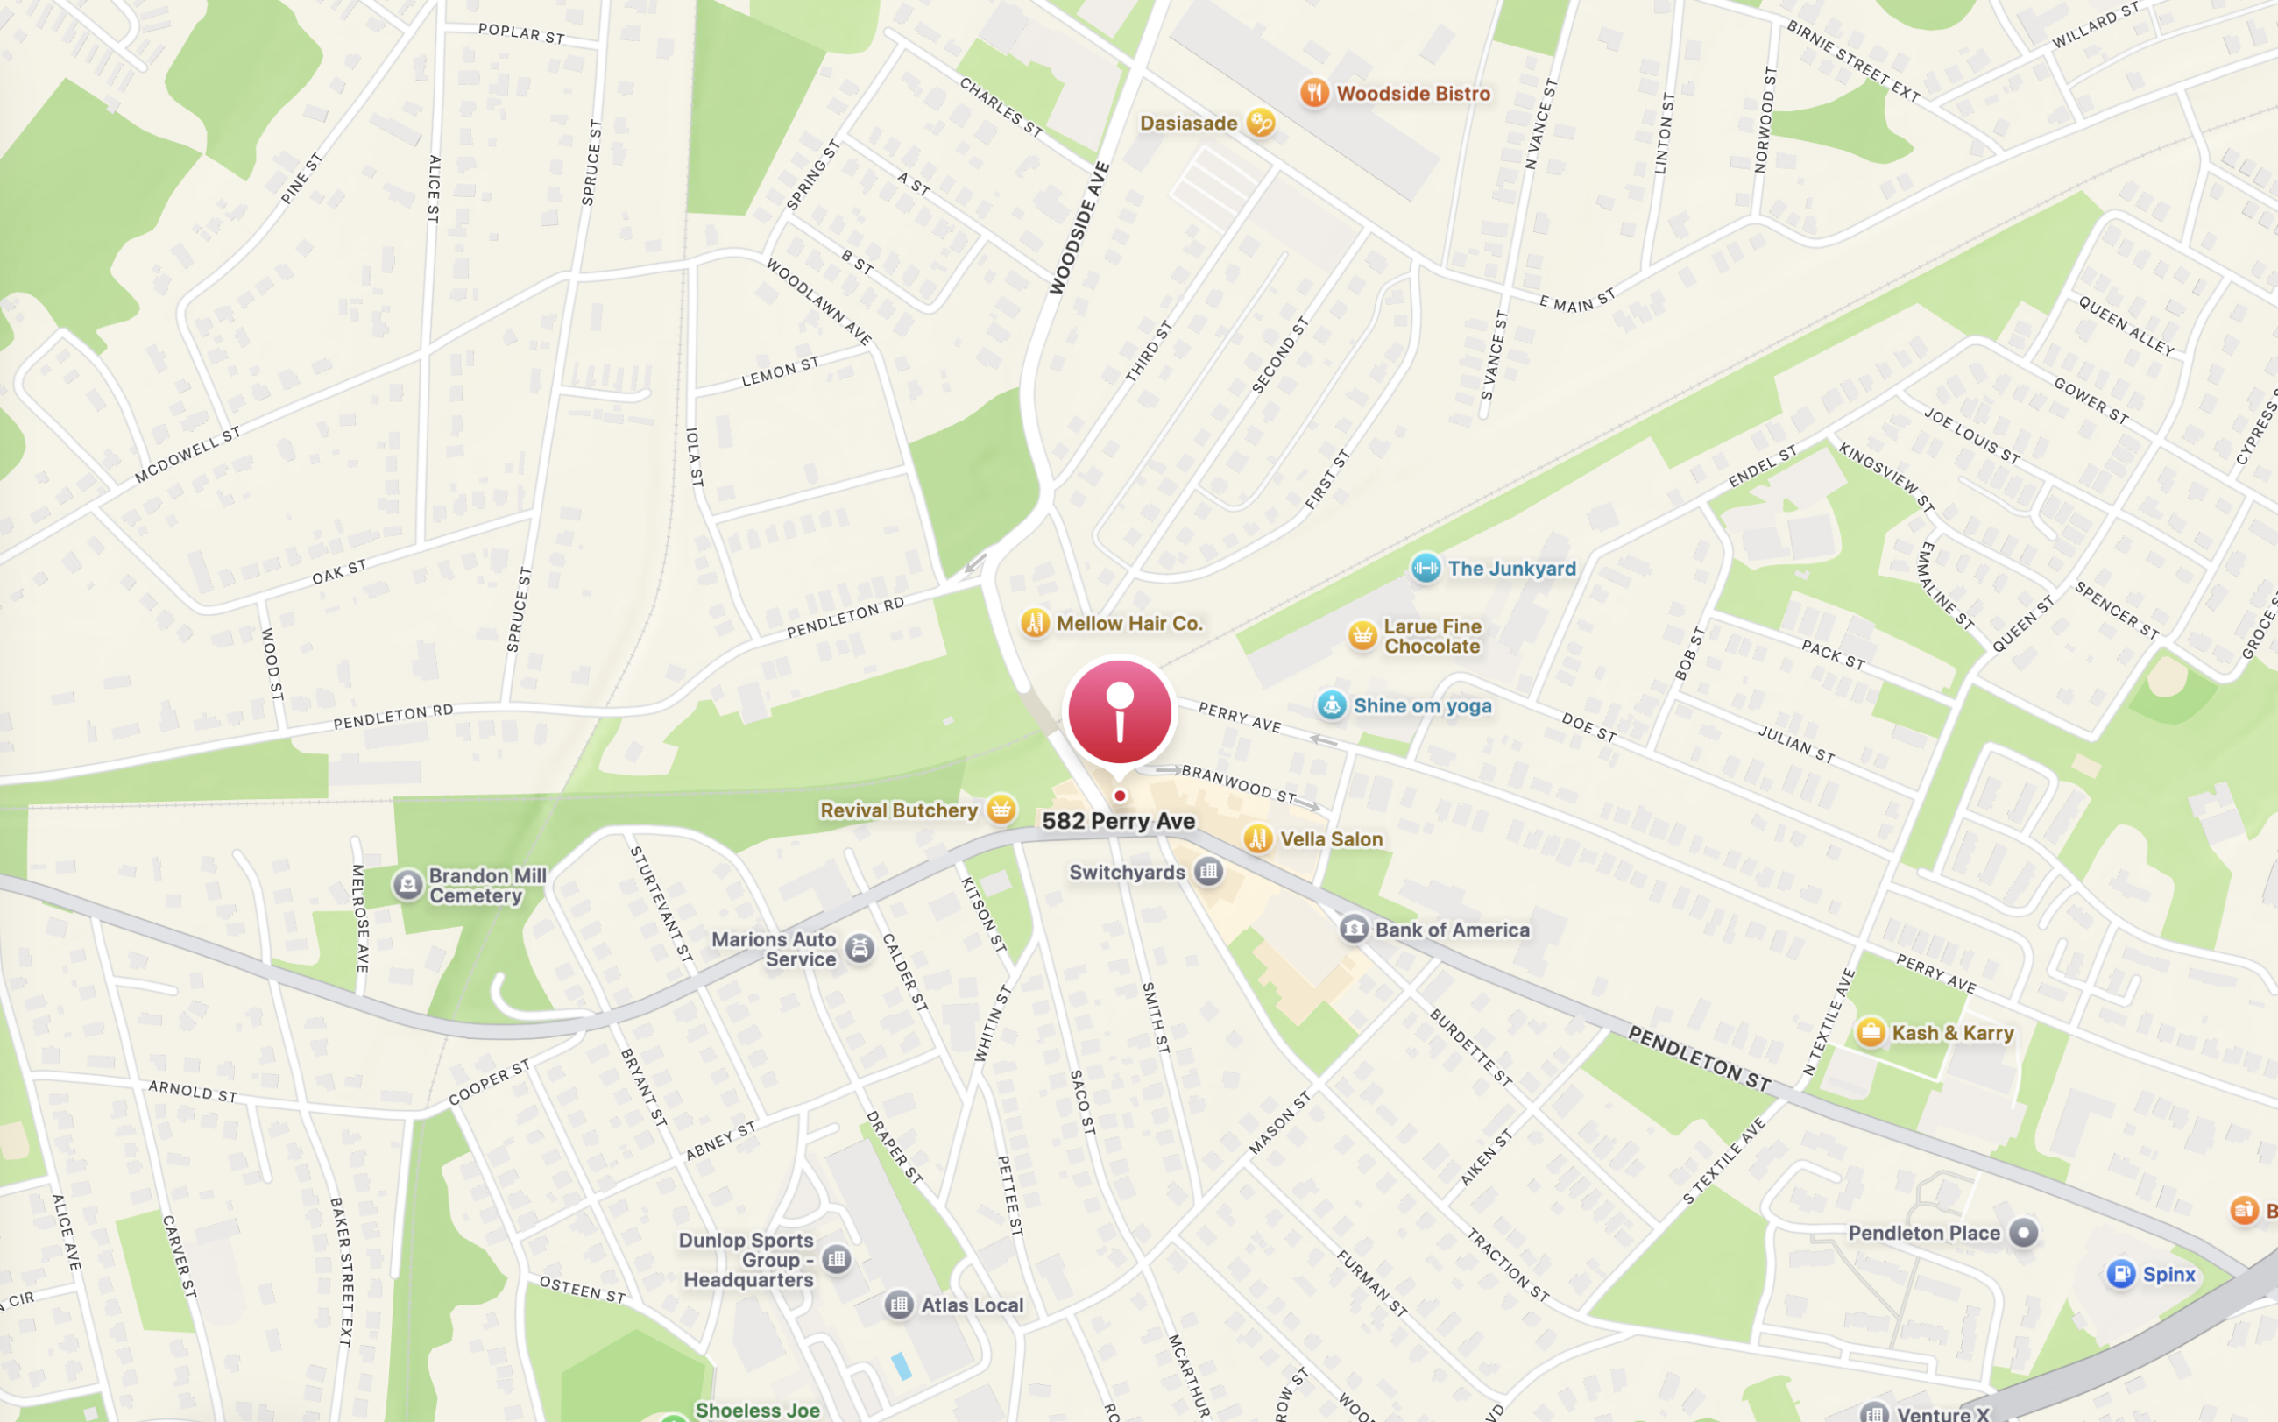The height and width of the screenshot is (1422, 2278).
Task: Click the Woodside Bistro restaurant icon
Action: pos(1314,92)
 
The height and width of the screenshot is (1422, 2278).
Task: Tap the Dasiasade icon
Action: pos(1260,123)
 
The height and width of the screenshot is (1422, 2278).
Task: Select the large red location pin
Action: pos(1119,712)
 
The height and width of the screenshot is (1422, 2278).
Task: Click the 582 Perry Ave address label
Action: pos(1118,821)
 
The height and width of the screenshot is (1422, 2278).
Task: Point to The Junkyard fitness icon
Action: pos(1425,567)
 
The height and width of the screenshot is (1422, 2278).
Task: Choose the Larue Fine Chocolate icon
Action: pos(1362,636)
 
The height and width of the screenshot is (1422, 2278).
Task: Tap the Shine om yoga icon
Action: pos(1331,704)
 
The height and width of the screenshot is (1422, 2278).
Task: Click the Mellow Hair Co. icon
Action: pos(1035,623)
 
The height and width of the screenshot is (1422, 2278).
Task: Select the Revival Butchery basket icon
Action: pos(1001,809)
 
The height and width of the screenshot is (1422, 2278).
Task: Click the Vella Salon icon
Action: pos(1257,838)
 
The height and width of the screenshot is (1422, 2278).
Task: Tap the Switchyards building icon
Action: pos(1208,872)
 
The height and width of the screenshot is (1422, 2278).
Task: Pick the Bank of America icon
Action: pos(1354,930)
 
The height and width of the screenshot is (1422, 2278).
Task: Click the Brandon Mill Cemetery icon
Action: pos(407,884)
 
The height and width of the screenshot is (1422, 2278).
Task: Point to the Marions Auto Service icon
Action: pos(859,948)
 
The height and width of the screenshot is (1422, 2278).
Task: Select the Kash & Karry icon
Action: pos(1870,1032)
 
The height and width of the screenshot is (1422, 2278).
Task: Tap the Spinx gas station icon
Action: pos(2120,1273)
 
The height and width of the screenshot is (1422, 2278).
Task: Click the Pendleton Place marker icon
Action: pos(2023,1232)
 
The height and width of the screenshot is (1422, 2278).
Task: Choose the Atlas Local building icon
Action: pos(898,1305)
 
